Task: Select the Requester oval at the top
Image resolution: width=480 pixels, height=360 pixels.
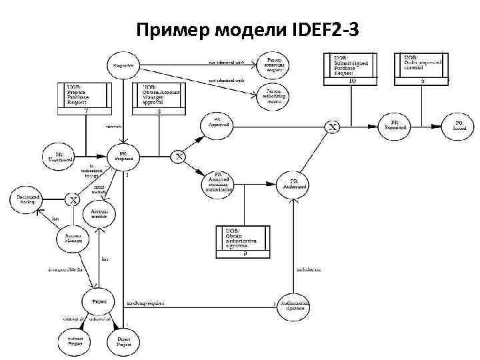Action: (124, 65)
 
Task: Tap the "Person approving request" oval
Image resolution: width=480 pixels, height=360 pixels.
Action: (273, 63)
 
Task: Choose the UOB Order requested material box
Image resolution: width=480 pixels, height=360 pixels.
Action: (420, 69)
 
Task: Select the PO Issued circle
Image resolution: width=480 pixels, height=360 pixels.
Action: (459, 125)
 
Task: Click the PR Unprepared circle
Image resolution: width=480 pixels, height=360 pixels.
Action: (61, 157)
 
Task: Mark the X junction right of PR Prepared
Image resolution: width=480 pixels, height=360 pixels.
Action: (178, 157)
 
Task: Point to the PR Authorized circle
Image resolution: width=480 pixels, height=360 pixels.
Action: (294, 184)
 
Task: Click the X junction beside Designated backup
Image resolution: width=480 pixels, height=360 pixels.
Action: (72, 199)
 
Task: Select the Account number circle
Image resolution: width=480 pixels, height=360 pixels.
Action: (99, 213)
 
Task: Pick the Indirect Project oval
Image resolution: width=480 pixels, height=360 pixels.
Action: (75, 340)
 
